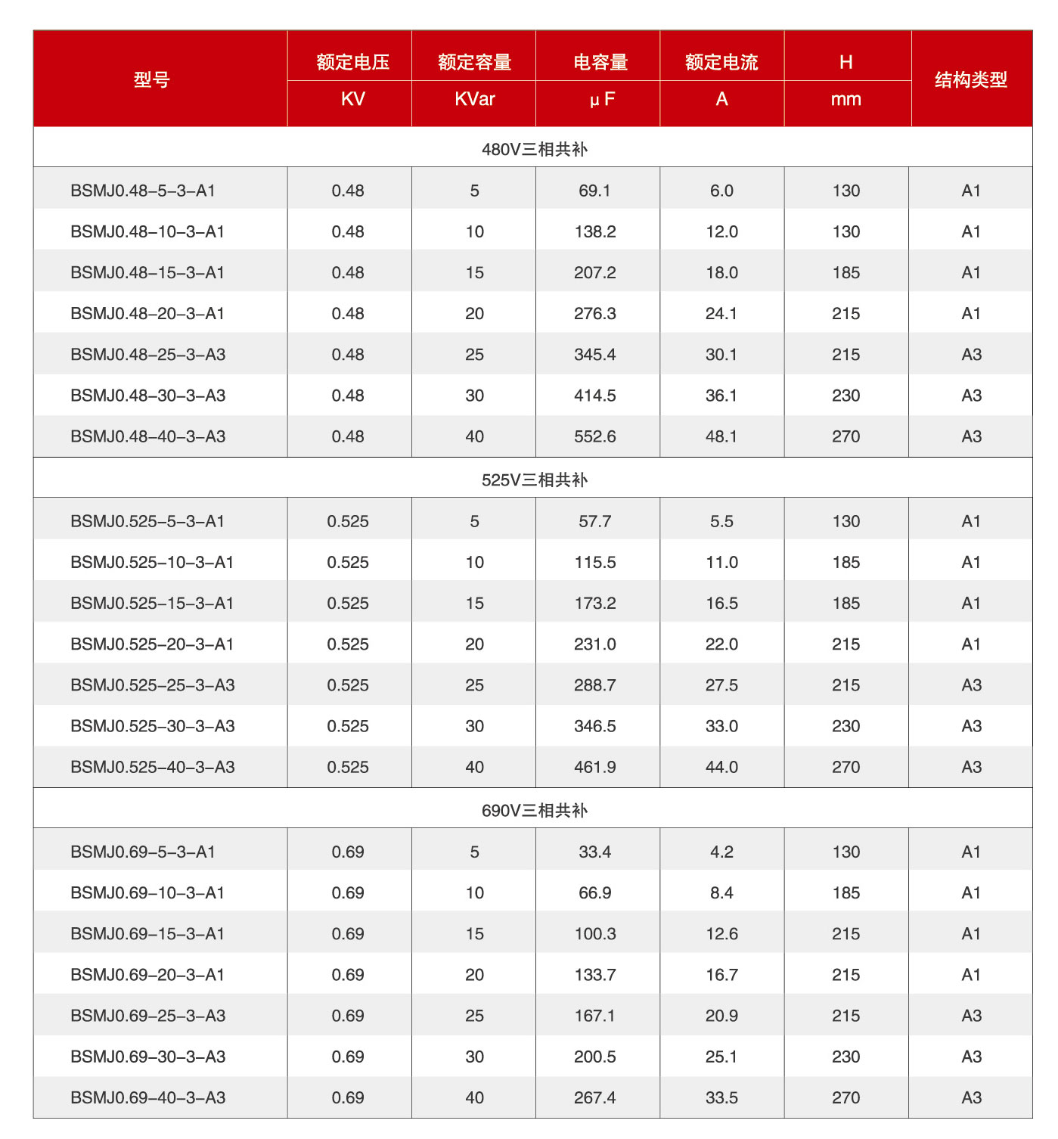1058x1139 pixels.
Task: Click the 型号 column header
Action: pyautogui.click(x=152, y=79)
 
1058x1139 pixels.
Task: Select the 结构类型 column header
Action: pyautogui.click(x=970, y=79)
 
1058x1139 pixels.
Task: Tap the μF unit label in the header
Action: pyautogui.click(x=602, y=100)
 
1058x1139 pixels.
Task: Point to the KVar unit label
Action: pyautogui.click(x=475, y=99)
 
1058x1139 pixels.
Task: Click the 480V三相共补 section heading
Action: pyautogui.click(x=534, y=149)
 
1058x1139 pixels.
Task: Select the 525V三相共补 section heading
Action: pyautogui.click(x=534, y=479)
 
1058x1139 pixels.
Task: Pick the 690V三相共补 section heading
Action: pyautogui.click(x=534, y=810)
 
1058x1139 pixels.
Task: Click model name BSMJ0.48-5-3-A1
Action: pyautogui.click(x=143, y=191)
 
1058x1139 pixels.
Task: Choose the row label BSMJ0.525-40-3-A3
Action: pyautogui.click(x=153, y=767)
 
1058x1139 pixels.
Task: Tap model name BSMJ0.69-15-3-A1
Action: pyautogui.click(x=147, y=933)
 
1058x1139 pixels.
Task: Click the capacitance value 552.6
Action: pyautogui.click(x=595, y=436)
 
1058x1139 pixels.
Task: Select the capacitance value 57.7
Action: pyautogui.click(x=595, y=521)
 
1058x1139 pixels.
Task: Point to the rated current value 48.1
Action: pyautogui.click(x=721, y=436)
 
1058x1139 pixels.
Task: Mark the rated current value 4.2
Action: pyautogui.click(x=721, y=852)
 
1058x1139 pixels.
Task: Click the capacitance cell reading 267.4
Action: pyautogui.click(x=595, y=1097)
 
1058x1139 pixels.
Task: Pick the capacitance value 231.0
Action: pyautogui.click(x=595, y=644)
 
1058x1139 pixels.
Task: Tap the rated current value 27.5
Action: pyautogui.click(x=721, y=684)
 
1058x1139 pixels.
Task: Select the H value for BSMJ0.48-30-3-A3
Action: pyautogui.click(x=846, y=396)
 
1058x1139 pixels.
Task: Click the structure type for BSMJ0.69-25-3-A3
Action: pyautogui.click(x=971, y=1016)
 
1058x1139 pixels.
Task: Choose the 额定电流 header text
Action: pyautogui.click(x=721, y=62)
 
